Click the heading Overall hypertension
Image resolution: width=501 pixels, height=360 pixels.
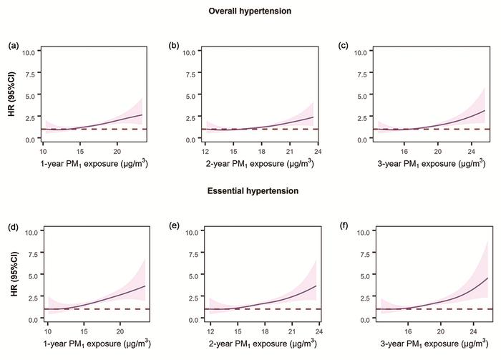click(x=249, y=11)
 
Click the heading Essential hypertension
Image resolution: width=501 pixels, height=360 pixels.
click(x=249, y=191)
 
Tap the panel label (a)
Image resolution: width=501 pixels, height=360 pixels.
click(x=13, y=46)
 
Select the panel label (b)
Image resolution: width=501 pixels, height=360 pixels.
click(x=174, y=46)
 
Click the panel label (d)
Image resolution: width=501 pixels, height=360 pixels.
click(x=13, y=225)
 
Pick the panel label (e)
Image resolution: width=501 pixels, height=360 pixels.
click(x=174, y=225)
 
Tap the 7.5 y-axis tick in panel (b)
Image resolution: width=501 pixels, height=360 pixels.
click(x=193, y=74)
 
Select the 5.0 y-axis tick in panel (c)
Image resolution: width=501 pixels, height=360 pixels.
click(x=359, y=95)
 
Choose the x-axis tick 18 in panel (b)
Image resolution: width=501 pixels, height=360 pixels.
click(x=262, y=152)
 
